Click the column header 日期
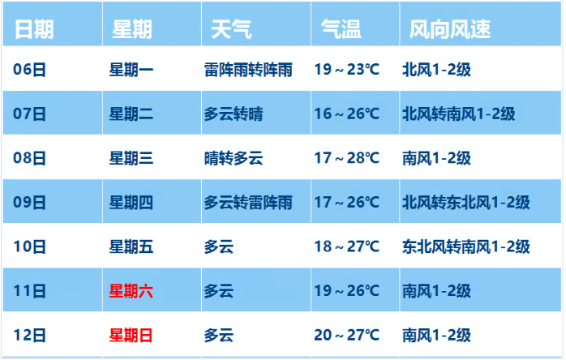coord(34,29)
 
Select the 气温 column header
coord(341,29)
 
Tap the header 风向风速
coord(450,29)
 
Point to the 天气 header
coord(231,29)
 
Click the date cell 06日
coord(29,70)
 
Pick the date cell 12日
coord(29,334)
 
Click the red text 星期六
coord(131,290)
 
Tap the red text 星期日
coord(131,334)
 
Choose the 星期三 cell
coord(131,158)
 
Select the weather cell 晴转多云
coord(234,158)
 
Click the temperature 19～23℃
coord(346,70)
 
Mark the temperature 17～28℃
coord(346,158)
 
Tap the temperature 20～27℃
coord(346,334)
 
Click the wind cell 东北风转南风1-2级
coord(465,246)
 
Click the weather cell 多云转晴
coord(234,114)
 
